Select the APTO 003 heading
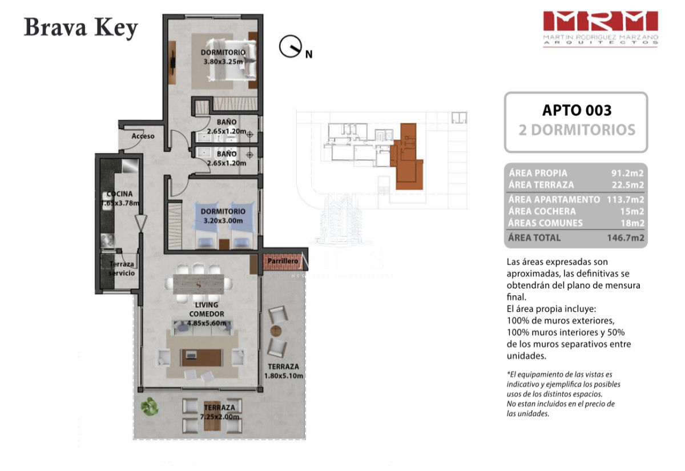click(x=576, y=110)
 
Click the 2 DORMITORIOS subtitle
click(x=576, y=130)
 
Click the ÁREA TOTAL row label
click(x=534, y=237)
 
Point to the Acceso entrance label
click(x=143, y=136)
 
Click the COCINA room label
click(x=119, y=194)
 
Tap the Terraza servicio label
click(x=122, y=269)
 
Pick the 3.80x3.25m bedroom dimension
click(x=224, y=61)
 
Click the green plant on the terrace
click(x=150, y=406)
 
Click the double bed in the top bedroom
click(x=231, y=60)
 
